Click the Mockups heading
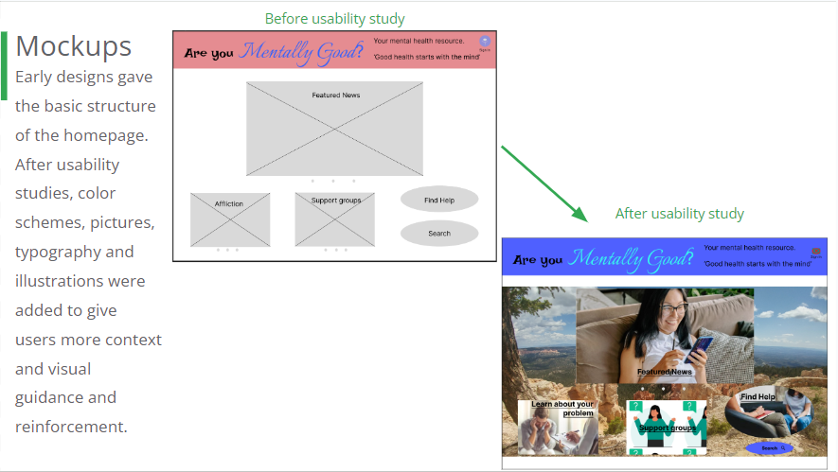coord(73,45)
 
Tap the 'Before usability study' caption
coord(334,19)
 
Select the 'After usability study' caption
coord(679,214)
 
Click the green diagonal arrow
coord(544,183)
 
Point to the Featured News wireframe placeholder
coord(334,129)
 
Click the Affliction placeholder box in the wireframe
coord(229,219)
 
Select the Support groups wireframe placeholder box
coord(334,219)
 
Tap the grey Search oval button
coord(438,233)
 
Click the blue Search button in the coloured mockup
coord(771,447)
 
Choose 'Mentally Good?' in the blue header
coord(632,257)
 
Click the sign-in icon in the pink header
coord(485,43)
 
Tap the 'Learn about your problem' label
coord(562,409)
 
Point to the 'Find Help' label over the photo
coord(758,397)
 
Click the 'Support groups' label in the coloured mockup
coord(667,428)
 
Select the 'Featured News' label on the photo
coord(665,372)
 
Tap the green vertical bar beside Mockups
coord(5,65)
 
